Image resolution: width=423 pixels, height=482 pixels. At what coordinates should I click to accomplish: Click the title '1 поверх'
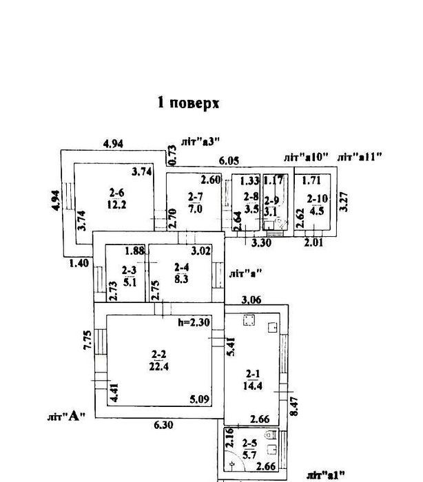pyautogui.click(x=188, y=103)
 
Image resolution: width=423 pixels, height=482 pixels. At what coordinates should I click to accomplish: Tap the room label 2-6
pyautogui.click(x=117, y=193)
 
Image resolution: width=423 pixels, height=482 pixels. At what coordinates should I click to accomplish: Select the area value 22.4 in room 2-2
pyautogui.click(x=158, y=366)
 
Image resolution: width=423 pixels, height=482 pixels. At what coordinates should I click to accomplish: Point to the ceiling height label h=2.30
pyautogui.click(x=194, y=322)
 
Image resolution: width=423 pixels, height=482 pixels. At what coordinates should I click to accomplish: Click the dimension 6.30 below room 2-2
pyautogui.click(x=163, y=425)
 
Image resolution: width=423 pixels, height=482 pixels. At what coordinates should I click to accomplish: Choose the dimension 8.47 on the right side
pyautogui.click(x=294, y=406)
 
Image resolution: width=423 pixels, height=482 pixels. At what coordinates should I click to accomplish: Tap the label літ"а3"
pyautogui.click(x=200, y=141)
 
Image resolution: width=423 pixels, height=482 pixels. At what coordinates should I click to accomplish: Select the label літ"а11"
pyautogui.click(x=360, y=157)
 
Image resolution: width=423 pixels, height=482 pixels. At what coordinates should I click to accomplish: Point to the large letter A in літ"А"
pyautogui.click(x=73, y=416)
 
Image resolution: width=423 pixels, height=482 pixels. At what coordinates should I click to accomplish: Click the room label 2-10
pyautogui.click(x=318, y=199)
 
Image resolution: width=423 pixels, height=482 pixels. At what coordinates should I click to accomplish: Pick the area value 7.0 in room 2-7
pyautogui.click(x=196, y=209)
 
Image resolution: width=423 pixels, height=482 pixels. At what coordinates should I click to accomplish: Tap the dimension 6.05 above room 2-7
pyautogui.click(x=229, y=160)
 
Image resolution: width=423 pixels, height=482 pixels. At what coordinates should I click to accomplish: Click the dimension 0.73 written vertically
pyautogui.click(x=173, y=155)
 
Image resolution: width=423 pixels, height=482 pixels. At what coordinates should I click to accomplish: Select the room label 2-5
pyautogui.click(x=249, y=443)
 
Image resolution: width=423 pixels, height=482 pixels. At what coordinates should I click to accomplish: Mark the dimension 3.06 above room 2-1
pyautogui.click(x=251, y=300)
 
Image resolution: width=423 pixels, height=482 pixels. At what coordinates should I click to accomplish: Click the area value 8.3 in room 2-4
pyautogui.click(x=181, y=279)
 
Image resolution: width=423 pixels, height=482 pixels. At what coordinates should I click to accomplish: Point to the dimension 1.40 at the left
pyautogui.click(x=79, y=263)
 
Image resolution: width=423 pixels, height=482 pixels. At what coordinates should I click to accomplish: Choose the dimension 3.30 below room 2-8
pyautogui.click(x=262, y=242)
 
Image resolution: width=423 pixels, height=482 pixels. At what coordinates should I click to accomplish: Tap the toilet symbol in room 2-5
pyautogui.click(x=271, y=434)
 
